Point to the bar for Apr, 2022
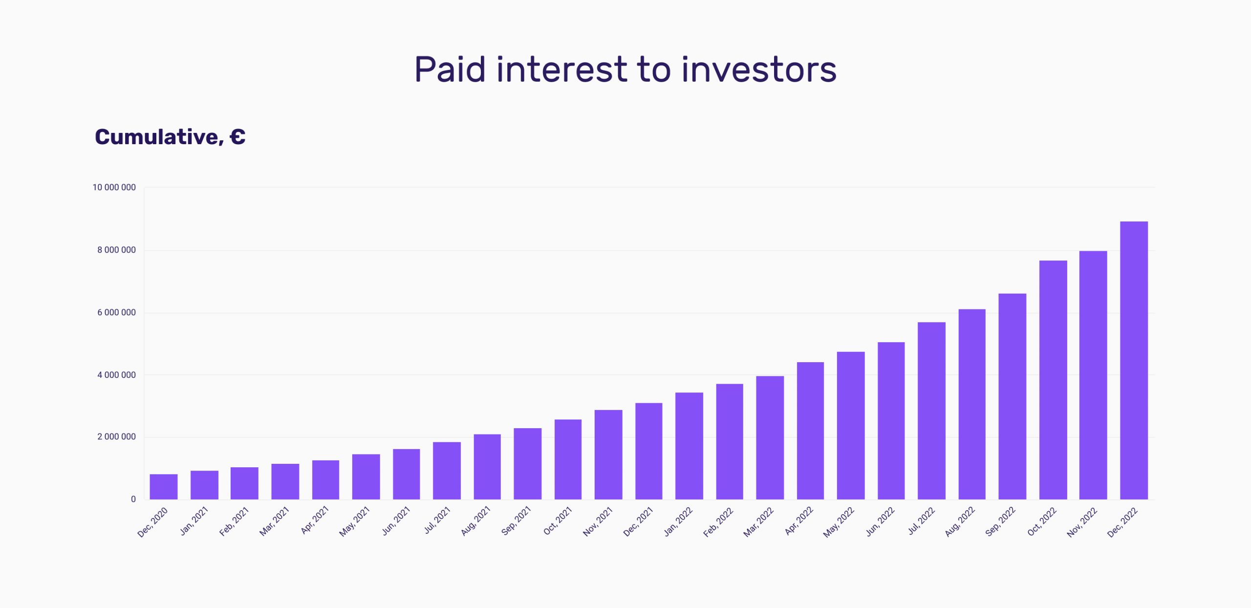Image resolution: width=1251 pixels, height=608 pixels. tap(810, 431)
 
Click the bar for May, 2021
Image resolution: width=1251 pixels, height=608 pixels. tap(366, 477)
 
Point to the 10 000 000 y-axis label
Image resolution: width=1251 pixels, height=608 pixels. tap(114, 187)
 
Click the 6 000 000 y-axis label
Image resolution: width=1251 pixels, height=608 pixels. tap(116, 312)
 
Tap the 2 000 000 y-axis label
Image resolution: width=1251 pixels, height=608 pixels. tap(116, 436)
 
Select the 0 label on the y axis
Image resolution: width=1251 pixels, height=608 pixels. tap(133, 499)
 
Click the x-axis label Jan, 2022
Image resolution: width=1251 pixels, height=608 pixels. tap(678, 521)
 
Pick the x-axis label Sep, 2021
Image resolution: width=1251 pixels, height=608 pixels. tap(516, 521)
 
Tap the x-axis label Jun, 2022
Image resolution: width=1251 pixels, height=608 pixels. tap(880, 521)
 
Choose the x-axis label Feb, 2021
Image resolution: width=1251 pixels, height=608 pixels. tap(234, 521)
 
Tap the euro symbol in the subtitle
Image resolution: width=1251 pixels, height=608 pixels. tap(237, 137)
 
